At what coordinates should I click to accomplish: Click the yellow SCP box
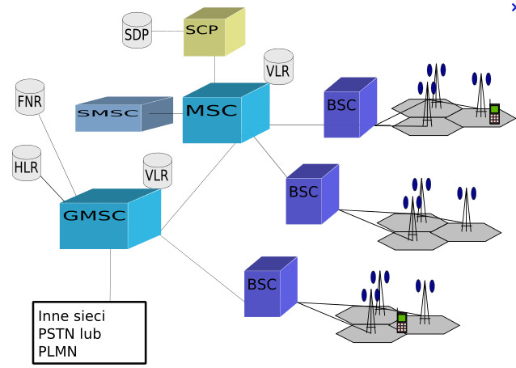tap(214, 32)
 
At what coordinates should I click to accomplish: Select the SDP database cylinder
tap(137, 30)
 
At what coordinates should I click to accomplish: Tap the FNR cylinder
tap(30, 97)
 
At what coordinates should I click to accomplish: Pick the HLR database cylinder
tap(27, 163)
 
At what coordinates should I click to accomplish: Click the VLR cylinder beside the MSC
tap(279, 66)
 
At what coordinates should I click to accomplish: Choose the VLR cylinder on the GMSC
tap(158, 171)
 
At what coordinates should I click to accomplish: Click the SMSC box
tap(124, 114)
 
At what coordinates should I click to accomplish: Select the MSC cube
tap(226, 113)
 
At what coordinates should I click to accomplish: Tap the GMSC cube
tap(110, 218)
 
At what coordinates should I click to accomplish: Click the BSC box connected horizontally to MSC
tap(350, 108)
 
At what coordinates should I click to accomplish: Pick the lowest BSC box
tap(271, 286)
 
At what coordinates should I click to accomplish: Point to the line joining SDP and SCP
tap(168, 32)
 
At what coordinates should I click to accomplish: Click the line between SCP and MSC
tap(214, 70)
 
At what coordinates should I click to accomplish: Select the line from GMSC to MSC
tap(198, 187)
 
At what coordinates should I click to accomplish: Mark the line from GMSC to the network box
tap(110, 275)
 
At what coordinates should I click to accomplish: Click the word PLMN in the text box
tap(57, 352)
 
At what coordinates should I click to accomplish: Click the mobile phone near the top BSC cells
tap(494, 113)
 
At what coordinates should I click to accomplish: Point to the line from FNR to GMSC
tap(58, 155)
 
